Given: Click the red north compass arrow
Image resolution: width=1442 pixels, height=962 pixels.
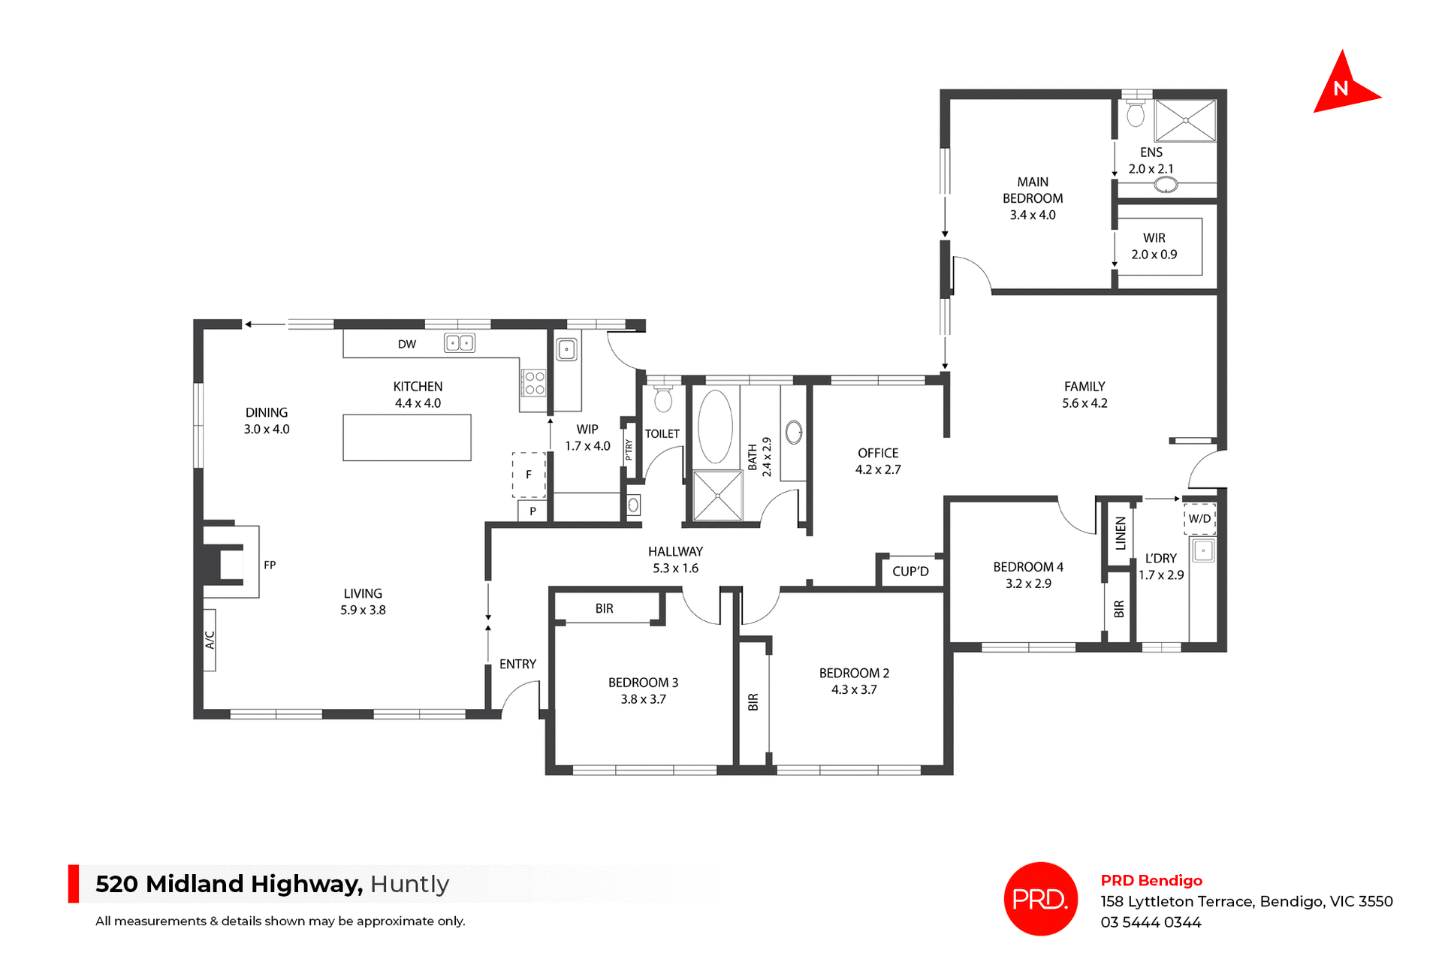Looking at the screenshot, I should (x=1343, y=87).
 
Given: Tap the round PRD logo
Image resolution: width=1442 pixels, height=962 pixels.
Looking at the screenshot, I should (x=1040, y=898).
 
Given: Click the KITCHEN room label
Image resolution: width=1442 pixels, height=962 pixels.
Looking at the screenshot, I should (x=418, y=386).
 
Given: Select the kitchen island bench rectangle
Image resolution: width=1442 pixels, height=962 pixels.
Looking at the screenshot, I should (x=406, y=437).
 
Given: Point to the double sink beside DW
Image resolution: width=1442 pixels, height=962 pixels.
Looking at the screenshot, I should (x=459, y=343).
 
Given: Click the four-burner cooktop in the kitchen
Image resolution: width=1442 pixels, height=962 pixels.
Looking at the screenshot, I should (x=534, y=383).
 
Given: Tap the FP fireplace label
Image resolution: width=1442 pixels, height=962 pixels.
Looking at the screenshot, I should (x=270, y=565).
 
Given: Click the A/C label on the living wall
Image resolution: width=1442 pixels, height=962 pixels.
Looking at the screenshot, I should (x=210, y=640).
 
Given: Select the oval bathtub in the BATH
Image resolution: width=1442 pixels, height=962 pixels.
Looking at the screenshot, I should (x=715, y=426).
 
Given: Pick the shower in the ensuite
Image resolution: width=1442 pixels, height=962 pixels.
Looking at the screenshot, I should (x=1184, y=120).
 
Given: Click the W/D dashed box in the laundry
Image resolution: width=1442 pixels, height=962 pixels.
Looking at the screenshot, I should (x=1199, y=518).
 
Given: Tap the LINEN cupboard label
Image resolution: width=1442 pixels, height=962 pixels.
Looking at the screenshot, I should (x=1121, y=533).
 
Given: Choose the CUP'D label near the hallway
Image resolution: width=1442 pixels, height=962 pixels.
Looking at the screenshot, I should (x=910, y=571).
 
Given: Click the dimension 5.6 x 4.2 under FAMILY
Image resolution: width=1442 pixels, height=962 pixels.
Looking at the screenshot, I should (x=1085, y=403).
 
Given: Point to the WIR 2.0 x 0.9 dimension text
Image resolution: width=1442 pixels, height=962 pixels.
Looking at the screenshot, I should (x=1154, y=255).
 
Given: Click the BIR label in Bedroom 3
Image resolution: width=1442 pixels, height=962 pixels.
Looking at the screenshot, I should (x=604, y=608).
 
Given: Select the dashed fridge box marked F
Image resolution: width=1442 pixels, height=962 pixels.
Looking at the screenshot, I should (x=529, y=475).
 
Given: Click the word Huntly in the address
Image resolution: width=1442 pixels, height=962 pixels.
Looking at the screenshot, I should (x=409, y=884).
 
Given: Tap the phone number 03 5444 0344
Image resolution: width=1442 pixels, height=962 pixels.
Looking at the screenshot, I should (x=1151, y=922).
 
